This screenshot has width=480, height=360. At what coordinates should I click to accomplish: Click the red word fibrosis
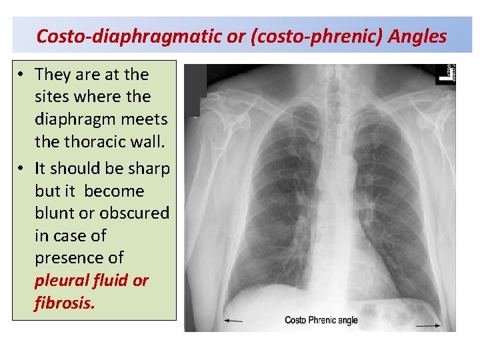(65, 303)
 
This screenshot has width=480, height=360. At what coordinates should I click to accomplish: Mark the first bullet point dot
(23, 74)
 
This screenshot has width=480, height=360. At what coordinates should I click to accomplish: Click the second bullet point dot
(23, 169)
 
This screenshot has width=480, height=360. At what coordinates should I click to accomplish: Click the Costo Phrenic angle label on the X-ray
(321, 321)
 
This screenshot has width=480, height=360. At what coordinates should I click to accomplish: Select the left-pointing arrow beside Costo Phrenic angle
(233, 321)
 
